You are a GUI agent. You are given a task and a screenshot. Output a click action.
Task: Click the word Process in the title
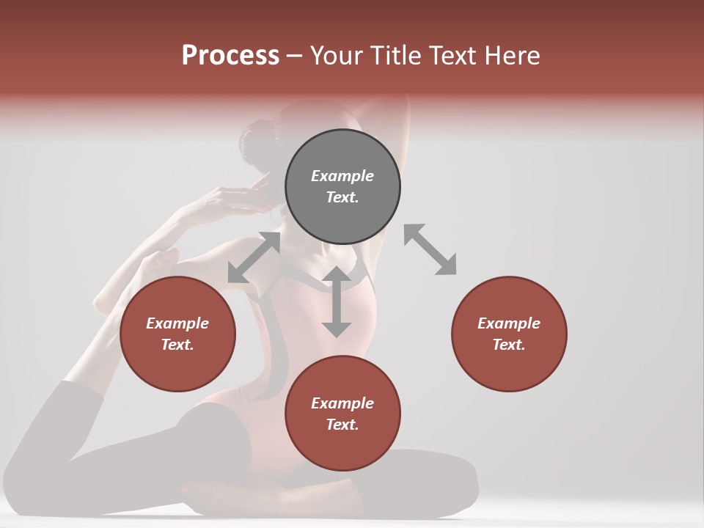pyautogui.click(x=230, y=56)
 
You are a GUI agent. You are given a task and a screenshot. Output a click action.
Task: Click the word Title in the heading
pyautogui.click(x=400, y=56)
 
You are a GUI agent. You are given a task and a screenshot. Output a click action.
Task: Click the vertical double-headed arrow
pyautogui.click(x=337, y=301)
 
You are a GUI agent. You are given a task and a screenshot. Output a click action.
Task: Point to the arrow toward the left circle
pyautogui.click(x=254, y=257)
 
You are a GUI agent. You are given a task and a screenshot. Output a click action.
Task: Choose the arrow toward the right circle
pyautogui.click(x=430, y=249)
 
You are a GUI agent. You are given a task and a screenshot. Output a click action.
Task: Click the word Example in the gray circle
pyautogui.click(x=342, y=176)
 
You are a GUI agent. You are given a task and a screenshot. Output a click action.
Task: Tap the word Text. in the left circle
pyautogui.click(x=177, y=345)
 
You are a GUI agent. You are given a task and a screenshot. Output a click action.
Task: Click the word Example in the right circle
pyautogui.click(x=509, y=323)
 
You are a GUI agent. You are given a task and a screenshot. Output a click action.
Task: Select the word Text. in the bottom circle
pyautogui.click(x=342, y=425)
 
